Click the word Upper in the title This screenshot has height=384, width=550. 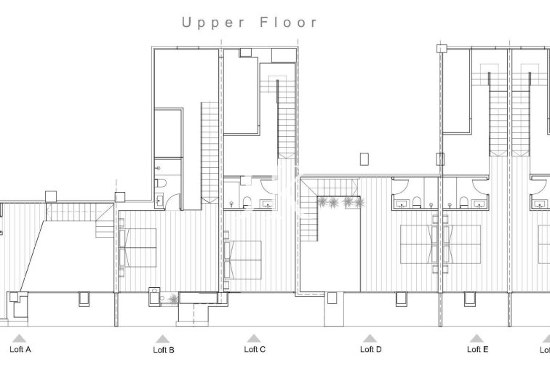[x=213, y=23]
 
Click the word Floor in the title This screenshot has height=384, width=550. [x=289, y=23]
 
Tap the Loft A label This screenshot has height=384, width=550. [x=20, y=350]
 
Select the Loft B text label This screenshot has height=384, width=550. [x=164, y=350]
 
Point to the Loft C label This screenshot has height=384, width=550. [x=254, y=350]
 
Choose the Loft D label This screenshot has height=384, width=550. [x=371, y=350]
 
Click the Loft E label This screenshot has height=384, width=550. [x=477, y=350]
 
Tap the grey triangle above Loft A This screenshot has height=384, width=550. [x=20, y=338]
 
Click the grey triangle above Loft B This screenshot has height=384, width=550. [x=163, y=338]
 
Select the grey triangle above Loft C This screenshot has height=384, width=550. [x=253, y=338]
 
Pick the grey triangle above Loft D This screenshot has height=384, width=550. [x=370, y=338]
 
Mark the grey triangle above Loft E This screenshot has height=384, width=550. [x=477, y=338]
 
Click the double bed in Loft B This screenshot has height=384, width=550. [x=137, y=247]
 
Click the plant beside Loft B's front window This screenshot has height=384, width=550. [x=172, y=298]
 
